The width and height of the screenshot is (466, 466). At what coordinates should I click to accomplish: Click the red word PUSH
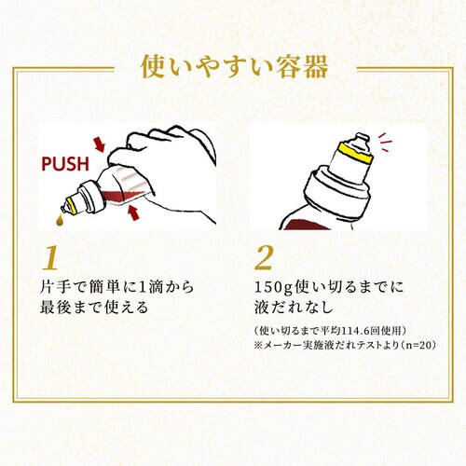[65, 164]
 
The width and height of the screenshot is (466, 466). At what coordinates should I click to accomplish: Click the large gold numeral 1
[51, 258]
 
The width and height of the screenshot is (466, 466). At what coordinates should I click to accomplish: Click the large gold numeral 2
[264, 258]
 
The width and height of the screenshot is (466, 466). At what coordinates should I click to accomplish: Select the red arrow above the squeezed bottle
[100, 144]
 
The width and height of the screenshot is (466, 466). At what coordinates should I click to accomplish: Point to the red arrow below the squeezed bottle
[133, 212]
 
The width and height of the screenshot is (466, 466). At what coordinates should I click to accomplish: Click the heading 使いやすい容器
[234, 67]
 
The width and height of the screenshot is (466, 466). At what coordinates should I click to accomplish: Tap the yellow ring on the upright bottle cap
[356, 154]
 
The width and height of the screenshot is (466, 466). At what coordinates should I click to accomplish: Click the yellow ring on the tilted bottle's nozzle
[73, 206]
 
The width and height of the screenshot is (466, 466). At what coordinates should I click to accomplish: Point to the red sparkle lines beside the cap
[385, 142]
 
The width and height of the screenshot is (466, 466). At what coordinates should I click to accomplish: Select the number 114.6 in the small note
[353, 331]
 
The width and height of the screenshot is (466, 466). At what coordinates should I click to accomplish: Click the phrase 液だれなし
[294, 308]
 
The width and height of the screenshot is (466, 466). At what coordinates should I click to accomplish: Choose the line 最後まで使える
[94, 308]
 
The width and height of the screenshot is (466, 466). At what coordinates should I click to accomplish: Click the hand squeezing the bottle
[168, 168]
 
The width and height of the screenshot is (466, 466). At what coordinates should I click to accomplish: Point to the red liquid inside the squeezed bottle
[123, 196]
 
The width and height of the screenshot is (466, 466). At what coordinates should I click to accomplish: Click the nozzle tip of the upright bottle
[361, 138]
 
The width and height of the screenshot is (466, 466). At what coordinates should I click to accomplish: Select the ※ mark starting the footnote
[258, 345]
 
